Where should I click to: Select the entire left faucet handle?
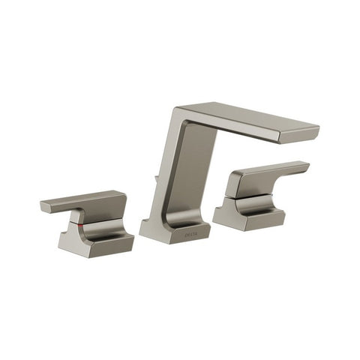coord(88,223)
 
